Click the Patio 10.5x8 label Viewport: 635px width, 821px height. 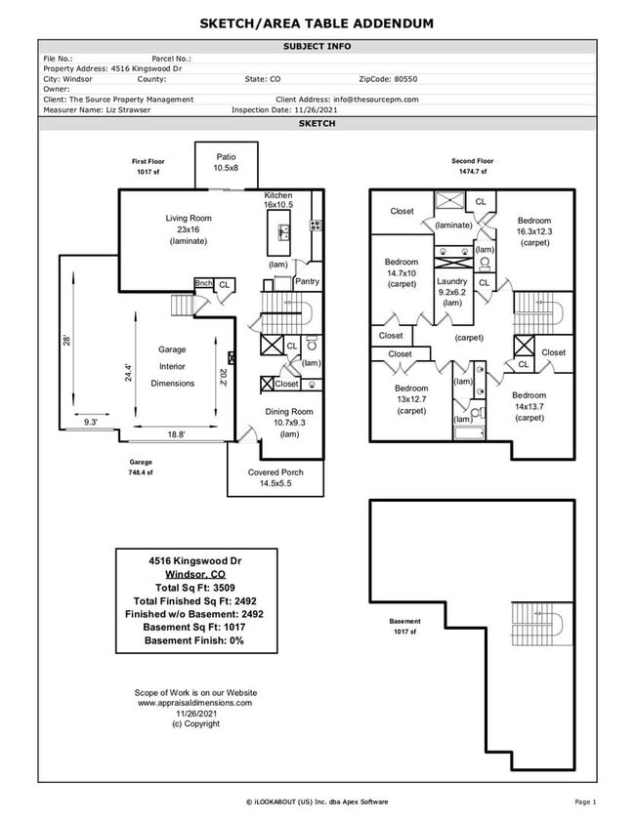pos(226,162)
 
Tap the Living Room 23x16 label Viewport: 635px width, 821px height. pos(188,229)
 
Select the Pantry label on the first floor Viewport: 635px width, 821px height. pos(307,282)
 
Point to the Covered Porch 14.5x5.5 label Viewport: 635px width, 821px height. pos(275,477)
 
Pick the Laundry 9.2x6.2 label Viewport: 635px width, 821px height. pos(452,292)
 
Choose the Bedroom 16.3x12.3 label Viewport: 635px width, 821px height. pos(534,231)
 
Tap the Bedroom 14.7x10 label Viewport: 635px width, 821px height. pos(402,273)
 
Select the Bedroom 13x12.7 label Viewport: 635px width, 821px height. pos(411,399)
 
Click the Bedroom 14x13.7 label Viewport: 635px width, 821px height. pos(529,406)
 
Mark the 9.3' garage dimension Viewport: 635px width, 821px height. pos(91,422)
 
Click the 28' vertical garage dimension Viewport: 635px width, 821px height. pos(67,341)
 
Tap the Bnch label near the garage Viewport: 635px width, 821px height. pos(203,283)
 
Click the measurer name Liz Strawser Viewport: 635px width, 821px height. pos(128,110)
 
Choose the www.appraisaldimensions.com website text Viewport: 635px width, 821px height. pos(194,702)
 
